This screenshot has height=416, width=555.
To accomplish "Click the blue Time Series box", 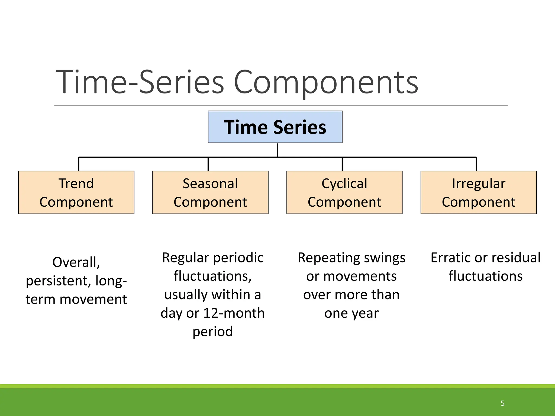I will pyautogui.click(x=275, y=127).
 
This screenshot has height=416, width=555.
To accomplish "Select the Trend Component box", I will pyautogui.click(x=76, y=192).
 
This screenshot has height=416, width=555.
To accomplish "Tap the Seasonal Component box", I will pyautogui.click(x=210, y=192).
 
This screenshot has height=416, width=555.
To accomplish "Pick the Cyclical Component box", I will pyautogui.click(x=344, y=192).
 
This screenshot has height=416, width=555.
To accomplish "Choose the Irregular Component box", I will pyautogui.click(x=479, y=192).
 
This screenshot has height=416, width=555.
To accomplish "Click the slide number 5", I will pyautogui.click(x=502, y=403).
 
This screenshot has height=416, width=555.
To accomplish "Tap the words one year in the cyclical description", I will pyautogui.click(x=351, y=313).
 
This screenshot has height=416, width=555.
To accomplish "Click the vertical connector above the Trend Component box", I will pyautogui.click(x=79, y=164).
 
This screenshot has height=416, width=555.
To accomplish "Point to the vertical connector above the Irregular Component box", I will pyautogui.click(x=476, y=164).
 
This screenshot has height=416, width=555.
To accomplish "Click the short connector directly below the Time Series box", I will pyautogui.click(x=277, y=150).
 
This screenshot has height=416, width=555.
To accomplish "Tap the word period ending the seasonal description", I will pyautogui.click(x=213, y=332).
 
